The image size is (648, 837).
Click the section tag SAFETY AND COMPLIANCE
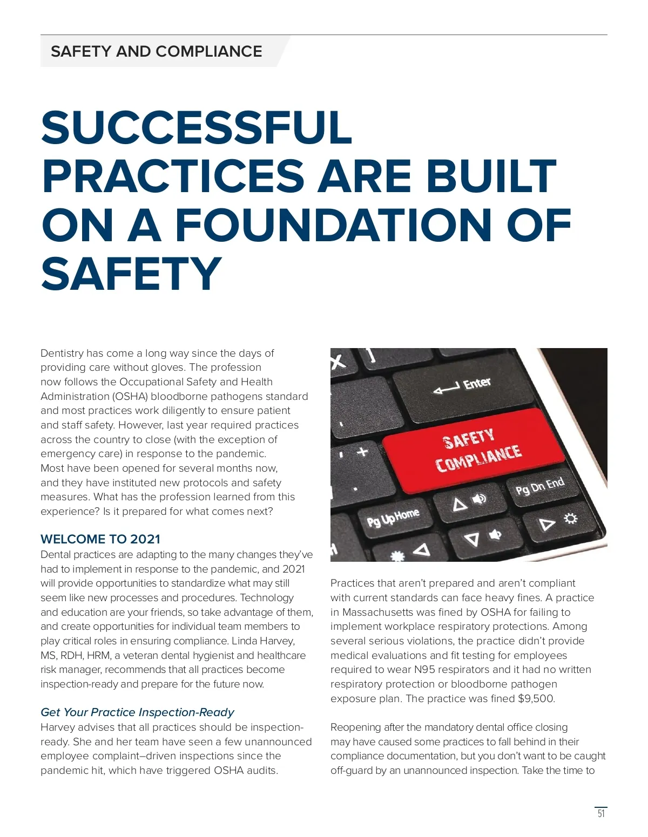tap(156, 51)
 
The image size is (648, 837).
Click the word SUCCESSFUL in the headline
tap(197, 128)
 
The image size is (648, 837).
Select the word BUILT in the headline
tap(491, 176)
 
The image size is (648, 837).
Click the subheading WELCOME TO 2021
tap(100, 539)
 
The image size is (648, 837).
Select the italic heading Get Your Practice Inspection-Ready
tap(137, 712)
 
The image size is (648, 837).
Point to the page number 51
tap(601, 813)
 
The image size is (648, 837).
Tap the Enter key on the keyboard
tap(463, 386)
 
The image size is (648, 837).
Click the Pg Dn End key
tap(540, 487)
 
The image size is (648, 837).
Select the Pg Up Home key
tap(393, 518)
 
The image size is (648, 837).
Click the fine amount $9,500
tap(536, 699)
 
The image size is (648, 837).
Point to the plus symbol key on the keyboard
tap(362, 451)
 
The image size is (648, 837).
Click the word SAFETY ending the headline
tap(131, 274)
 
